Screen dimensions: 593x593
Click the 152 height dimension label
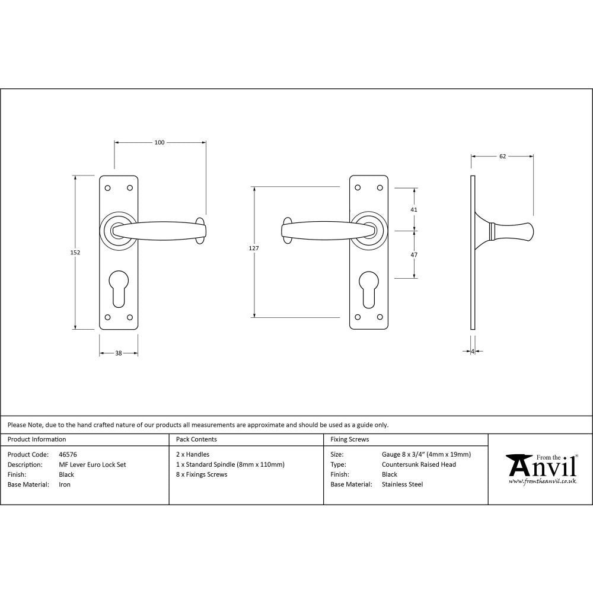[x=75, y=252]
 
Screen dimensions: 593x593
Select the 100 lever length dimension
[x=160, y=142]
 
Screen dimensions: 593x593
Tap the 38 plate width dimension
[x=118, y=353]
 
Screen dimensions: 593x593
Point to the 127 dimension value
[x=254, y=248]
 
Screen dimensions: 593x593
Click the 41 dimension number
[x=415, y=210]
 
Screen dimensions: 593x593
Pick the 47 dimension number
[x=415, y=254]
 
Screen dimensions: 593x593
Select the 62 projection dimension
[x=502, y=157]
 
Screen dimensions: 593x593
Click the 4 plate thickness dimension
[x=473, y=352]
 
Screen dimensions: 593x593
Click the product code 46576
[x=68, y=455]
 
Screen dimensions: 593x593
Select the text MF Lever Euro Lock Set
[x=93, y=465]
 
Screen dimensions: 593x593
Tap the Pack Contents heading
[x=196, y=439]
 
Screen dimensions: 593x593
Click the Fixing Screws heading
[x=349, y=439]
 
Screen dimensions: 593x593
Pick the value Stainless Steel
[x=402, y=484]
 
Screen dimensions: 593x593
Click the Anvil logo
[x=541, y=469]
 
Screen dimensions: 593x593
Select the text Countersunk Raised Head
[x=419, y=465]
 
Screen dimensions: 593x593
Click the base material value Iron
[x=65, y=484]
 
